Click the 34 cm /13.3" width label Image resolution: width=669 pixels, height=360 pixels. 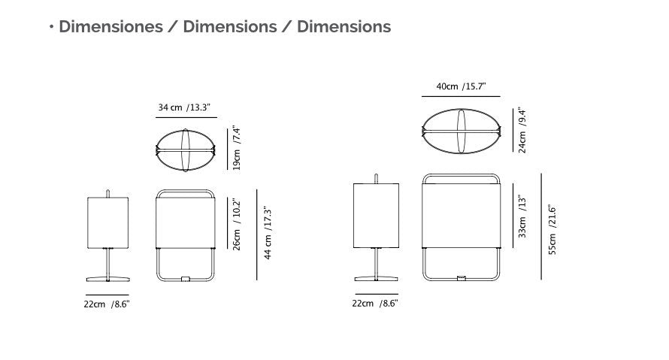[184, 107]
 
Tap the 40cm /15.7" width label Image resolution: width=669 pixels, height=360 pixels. [461, 86]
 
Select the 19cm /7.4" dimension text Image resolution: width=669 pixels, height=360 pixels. [237, 148]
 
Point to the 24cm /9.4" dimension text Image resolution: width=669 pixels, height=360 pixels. [522, 131]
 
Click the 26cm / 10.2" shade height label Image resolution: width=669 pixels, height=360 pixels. [237, 224]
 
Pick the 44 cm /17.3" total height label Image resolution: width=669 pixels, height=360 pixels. [268, 233]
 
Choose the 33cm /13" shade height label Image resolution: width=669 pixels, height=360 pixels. [522, 216]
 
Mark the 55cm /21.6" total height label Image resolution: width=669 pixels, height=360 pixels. [552, 229]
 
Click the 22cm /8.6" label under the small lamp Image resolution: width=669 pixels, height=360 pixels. [107, 304]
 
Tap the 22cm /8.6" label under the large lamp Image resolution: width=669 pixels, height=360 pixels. [375, 304]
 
